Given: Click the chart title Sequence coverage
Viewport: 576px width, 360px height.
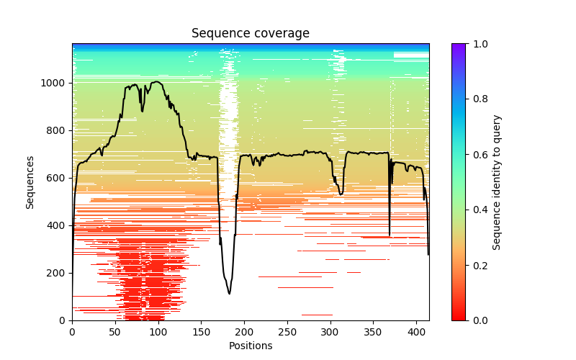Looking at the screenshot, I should tap(250, 34).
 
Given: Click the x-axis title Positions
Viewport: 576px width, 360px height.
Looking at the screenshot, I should tap(250, 346).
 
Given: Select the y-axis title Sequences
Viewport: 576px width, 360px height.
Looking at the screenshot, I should tap(30, 181).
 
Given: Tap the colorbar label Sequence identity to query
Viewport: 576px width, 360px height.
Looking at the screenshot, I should tap(497, 181).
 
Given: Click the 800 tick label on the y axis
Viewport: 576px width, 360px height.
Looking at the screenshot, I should tap(57, 130).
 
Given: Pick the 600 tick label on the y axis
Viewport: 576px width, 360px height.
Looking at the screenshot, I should tap(57, 178).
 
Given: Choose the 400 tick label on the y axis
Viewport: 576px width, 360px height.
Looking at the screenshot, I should tap(57, 225).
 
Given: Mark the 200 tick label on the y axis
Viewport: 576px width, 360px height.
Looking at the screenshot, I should tap(57, 273).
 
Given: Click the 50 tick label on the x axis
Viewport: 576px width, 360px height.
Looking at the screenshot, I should tap(114, 331).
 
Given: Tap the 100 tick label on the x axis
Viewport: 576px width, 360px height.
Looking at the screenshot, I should tap(158, 331).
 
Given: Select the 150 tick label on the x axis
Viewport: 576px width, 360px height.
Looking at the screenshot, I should tap(201, 331).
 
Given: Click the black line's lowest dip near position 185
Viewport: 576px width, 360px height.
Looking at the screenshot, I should tap(230, 293).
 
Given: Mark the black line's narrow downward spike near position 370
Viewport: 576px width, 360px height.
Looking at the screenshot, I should tap(390, 235).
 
